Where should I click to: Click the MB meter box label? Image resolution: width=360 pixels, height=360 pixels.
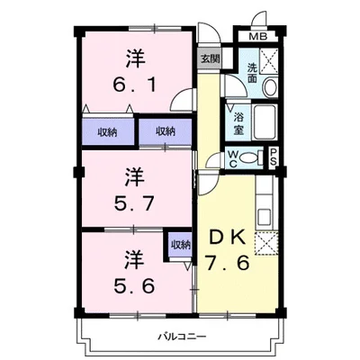[x=258, y=37]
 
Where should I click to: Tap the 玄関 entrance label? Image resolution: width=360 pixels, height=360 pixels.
[x=211, y=58]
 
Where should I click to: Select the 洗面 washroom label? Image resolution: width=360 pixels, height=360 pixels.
[x=252, y=73]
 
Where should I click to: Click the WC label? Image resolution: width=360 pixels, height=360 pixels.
[x=233, y=159]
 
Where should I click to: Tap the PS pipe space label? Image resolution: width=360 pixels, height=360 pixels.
[x=274, y=157]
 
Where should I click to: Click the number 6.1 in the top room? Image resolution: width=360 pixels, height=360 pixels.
[x=134, y=85]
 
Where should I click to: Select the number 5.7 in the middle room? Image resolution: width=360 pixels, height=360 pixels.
[x=134, y=203]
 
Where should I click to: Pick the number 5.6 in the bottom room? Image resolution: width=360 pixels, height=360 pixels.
[x=134, y=285]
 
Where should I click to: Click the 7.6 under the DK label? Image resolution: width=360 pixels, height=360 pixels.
[x=227, y=263]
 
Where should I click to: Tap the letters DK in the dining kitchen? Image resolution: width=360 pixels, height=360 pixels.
[x=227, y=238]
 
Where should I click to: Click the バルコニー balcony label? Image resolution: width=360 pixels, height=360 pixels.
[x=182, y=336]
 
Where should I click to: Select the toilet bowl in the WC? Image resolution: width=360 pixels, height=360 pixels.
[x=250, y=157]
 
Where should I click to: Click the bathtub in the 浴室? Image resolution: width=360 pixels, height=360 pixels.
[x=265, y=122]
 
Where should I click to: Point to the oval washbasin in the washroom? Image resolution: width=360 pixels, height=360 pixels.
[x=270, y=86]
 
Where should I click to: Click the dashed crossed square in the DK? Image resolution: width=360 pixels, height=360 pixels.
[x=266, y=243]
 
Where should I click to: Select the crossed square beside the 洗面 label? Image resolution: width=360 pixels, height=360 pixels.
[x=269, y=61]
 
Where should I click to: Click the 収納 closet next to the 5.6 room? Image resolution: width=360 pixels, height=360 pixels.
[x=180, y=245]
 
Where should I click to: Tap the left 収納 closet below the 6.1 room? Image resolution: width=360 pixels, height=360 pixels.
[x=108, y=131]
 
